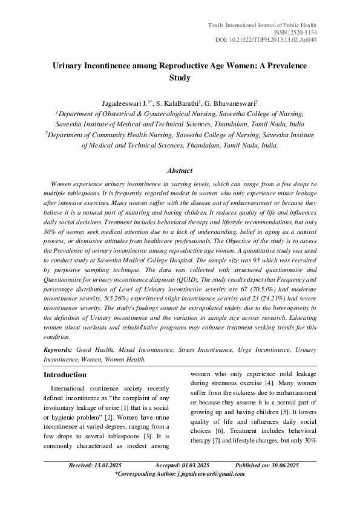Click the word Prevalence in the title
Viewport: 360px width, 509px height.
pyautogui.click(x=285, y=65)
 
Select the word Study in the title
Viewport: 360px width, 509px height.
pyautogui.click(x=180, y=77)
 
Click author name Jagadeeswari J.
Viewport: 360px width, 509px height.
pyautogui.click(x=124, y=103)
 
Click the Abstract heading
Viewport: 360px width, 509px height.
pyautogui.click(x=180, y=171)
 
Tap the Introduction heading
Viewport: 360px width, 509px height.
pyautogui.click(x=65, y=375)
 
